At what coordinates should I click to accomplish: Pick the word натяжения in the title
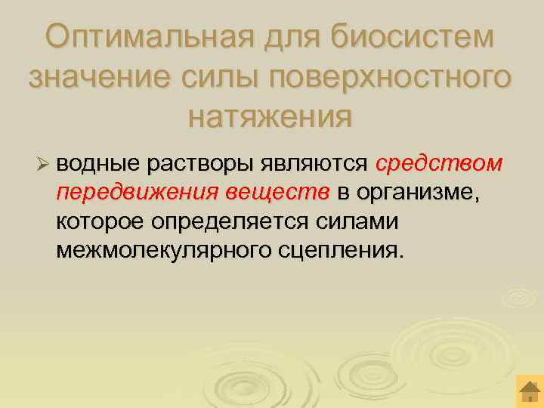(270, 116)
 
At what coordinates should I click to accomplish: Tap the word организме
(418, 194)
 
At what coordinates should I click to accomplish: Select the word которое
(100, 221)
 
